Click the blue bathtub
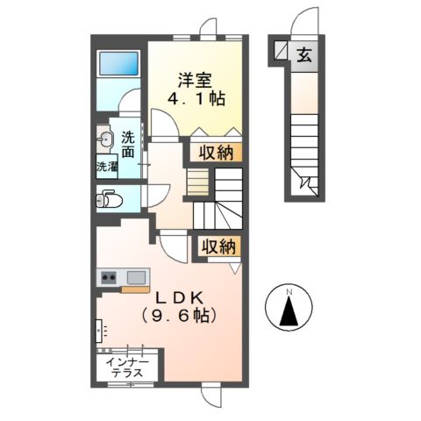118,64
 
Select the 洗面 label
128,144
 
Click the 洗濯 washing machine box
106,165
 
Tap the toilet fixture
108,199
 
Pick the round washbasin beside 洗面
106,138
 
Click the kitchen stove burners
110,279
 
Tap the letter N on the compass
290,290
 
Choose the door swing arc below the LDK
211,397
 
